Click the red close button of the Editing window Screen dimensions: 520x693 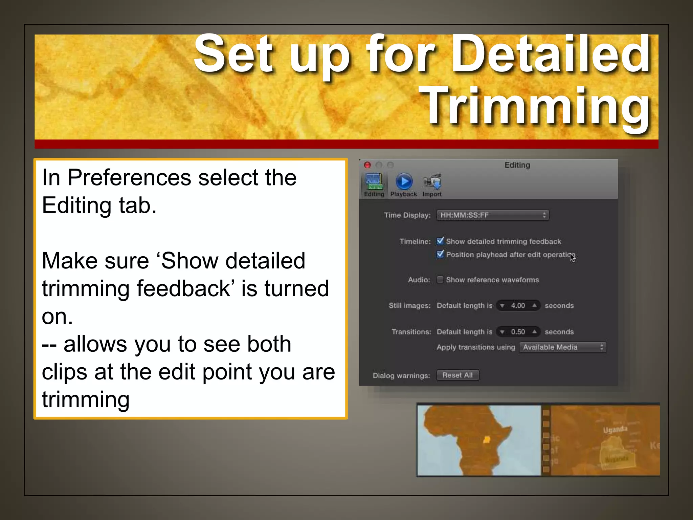pyautogui.click(x=367, y=165)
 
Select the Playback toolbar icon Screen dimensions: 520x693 pyautogui.click(x=404, y=182)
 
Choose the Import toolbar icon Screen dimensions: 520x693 pyautogui.click(x=432, y=182)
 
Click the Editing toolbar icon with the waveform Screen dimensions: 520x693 pyautogui.click(x=374, y=182)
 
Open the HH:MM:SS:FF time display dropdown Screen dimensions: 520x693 pyautogui.click(x=493, y=215)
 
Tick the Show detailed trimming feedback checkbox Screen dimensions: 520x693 pyautogui.click(x=440, y=241)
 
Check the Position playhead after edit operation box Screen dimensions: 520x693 pyautogui.click(x=440, y=254)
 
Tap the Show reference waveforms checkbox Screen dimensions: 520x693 pyautogui.click(x=440, y=280)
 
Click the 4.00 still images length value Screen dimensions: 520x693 pyautogui.click(x=518, y=306)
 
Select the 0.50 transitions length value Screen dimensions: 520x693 pyautogui.click(x=518, y=332)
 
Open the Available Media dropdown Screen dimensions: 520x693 pyautogui.click(x=563, y=347)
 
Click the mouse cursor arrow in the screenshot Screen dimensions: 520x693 pyautogui.click(x=572, y=257)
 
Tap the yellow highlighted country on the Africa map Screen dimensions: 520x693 pyautogui.click(x=487, y=440)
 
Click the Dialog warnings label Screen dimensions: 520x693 pyautogui.click(x=401, y=375)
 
